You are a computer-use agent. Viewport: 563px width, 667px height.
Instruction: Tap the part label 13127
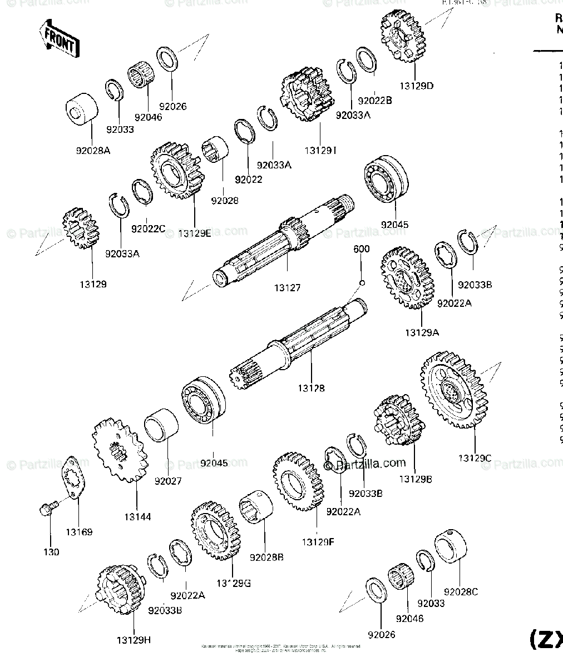tap(287, 288)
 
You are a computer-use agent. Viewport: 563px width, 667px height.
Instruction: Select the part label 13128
tap(311, 389)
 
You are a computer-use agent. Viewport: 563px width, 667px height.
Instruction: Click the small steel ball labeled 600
tap(362, 282)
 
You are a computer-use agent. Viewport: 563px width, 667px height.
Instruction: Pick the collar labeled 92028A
tap(81, 108)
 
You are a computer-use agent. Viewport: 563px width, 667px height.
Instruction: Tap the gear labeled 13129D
tap(402, 37)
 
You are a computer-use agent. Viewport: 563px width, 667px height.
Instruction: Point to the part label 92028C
tap(461, 593)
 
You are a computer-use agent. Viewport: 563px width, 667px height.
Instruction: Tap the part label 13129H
tap(134, 640)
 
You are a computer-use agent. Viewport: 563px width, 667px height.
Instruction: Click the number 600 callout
tap(361, 250)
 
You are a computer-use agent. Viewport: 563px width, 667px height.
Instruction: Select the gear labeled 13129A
tap(407, 278)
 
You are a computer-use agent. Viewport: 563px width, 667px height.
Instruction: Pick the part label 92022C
tap(149, 228)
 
